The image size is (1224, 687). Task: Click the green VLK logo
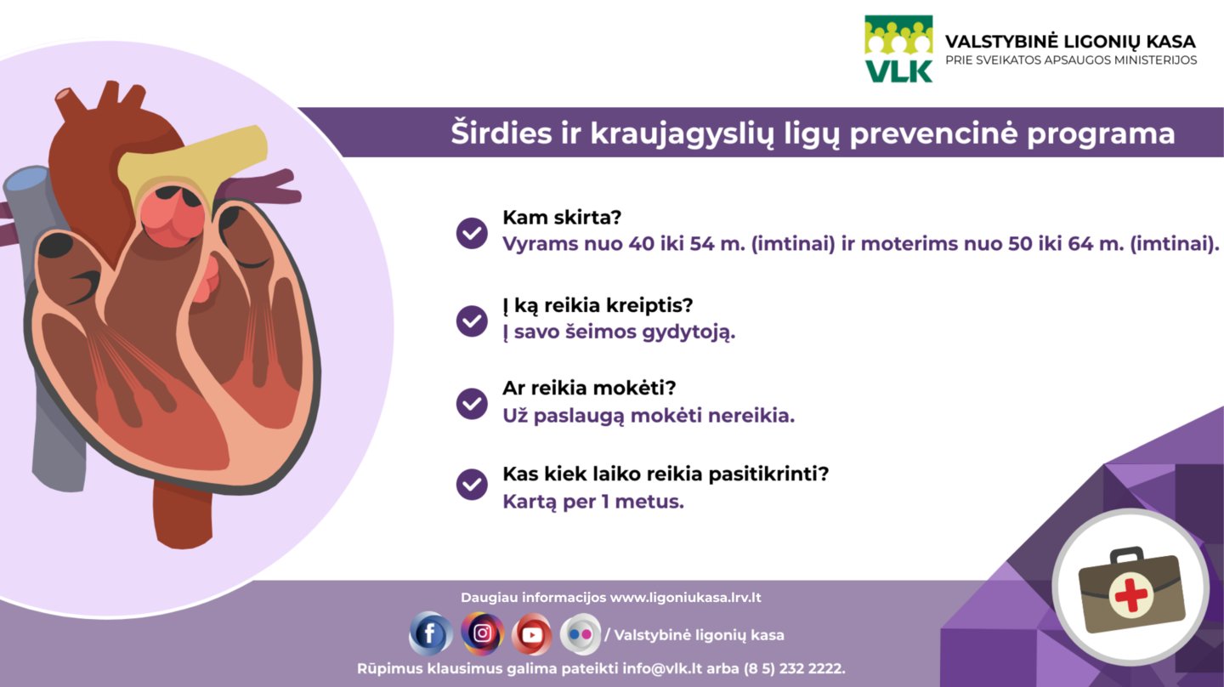point(898,49)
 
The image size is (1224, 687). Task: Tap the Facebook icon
point(431,634)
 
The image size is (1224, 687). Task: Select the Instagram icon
point(482,634)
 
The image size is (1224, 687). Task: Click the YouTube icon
point(532,634)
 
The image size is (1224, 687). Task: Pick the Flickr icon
point(581,634)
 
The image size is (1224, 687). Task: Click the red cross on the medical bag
point(1130,595)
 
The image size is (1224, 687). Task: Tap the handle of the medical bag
point(1127,556)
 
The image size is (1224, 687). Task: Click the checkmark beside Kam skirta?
point(472,233)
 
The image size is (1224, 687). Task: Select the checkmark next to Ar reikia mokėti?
point(472,404)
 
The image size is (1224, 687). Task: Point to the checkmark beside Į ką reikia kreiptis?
point(472,321)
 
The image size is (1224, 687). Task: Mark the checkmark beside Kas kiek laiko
point(472,485)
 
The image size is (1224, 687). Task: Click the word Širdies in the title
point(501,133)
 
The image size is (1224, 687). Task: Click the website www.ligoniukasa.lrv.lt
point(685,598)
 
